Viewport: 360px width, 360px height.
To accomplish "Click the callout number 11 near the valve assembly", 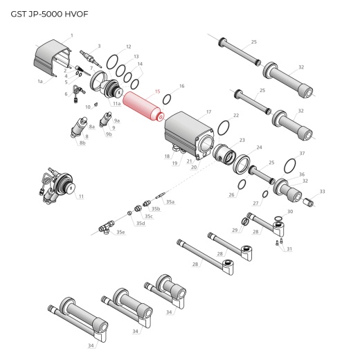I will click(81, 197).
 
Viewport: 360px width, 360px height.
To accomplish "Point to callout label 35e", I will click(121, 232).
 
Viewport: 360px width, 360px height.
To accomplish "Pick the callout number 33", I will click(322, 191).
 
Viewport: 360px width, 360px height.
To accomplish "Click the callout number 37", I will click(302, 153).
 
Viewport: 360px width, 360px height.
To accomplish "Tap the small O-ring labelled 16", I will click(167, 99).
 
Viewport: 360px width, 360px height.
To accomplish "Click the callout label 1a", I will click(40, 82).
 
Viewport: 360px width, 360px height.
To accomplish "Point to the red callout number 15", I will click(158, 91).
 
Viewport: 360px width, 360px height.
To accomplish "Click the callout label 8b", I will click(82, 143).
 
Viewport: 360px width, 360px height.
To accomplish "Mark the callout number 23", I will click(242, 141).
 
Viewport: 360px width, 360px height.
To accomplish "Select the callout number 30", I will click(291, 210).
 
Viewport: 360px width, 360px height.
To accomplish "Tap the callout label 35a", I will click(170, 201).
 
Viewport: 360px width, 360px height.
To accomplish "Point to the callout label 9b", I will click(109, 134).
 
